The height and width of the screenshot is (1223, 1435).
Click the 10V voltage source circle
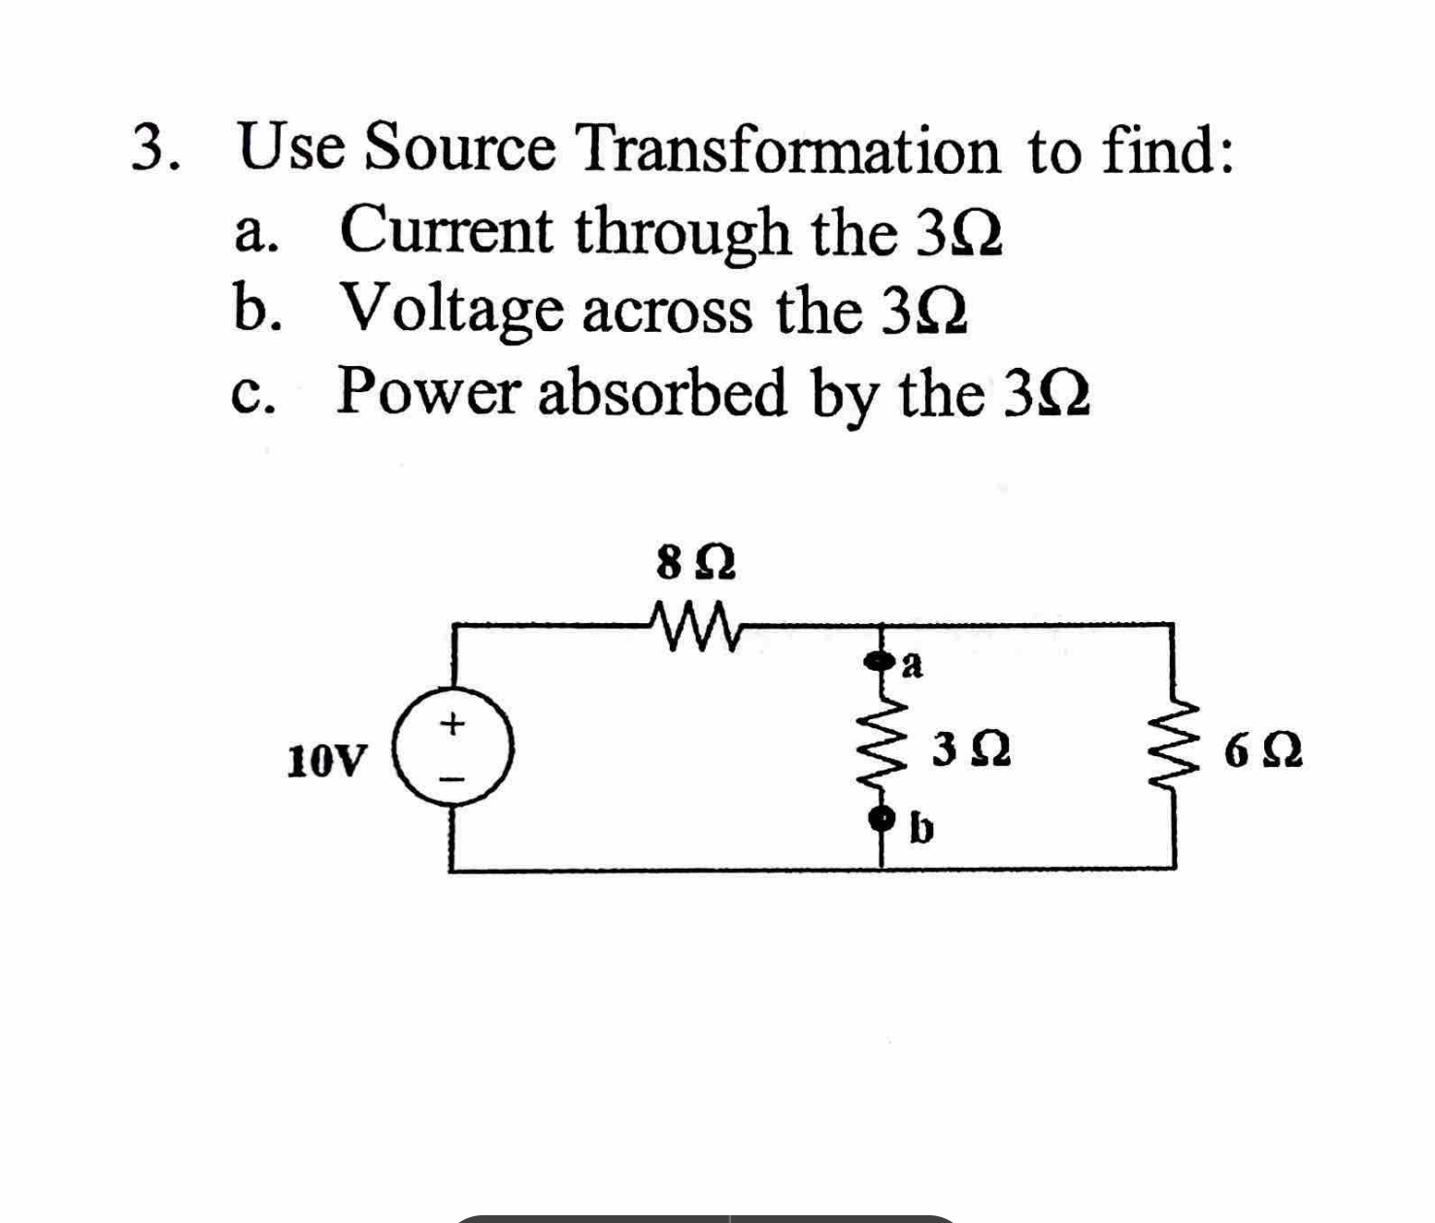coord(452,748)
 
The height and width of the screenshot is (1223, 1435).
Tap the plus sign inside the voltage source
coord(451,723)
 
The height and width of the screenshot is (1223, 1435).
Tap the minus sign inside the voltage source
coord(452,777)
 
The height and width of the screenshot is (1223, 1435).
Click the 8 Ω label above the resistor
coord(695,563)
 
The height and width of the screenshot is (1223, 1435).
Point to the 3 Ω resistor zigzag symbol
coord(884,744)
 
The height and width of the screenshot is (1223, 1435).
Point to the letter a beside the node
coord(913,666)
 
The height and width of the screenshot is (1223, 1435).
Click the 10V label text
coord(328,761)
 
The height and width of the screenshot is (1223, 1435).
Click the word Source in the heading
coord(461,149)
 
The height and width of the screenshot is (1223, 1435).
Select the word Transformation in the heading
coord(787,150)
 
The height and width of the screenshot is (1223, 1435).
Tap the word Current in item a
coord(446,231)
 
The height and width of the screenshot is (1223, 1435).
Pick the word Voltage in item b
coord(451,311)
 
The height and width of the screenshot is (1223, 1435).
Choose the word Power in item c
coord(428,392)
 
